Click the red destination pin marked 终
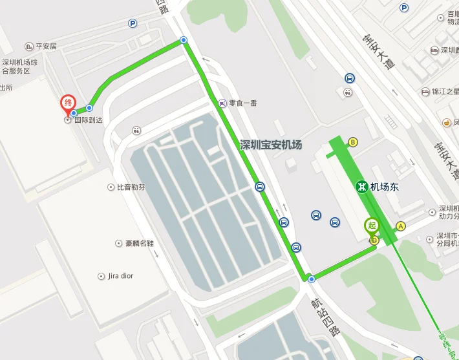tap(68, 104)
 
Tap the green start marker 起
tap(371, 226)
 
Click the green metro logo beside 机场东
tap(361, 187)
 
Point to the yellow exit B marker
tap(353, 142)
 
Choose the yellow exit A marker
tap(401, 226)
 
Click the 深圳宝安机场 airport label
tap(271, 145)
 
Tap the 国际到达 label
tap(89, 120)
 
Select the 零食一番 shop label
tap(242, 103)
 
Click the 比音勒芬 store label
tap(131, 187)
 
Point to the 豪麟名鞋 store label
tap(139, 244)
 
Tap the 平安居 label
tap(47, 47)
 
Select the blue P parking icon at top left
tap(133, 23)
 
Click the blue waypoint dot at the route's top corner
tap(184, 40)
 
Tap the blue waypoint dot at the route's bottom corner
tap(312, 279)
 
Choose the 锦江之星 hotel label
tap(444, 92)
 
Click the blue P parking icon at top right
tap(404, 8)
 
